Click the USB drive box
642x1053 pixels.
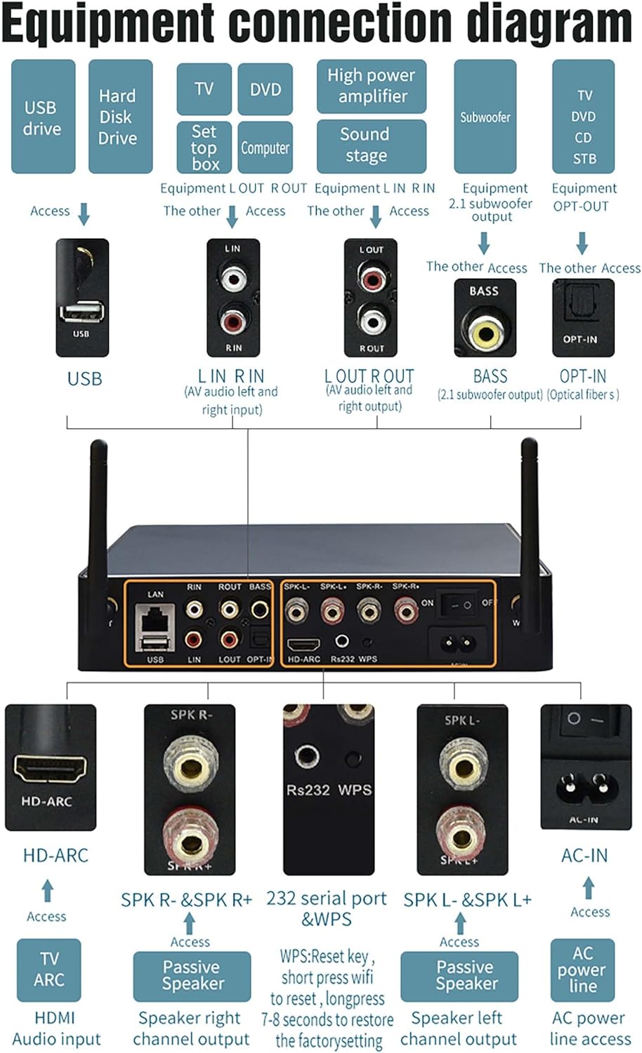(43, 117)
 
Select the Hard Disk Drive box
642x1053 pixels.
(120, 117)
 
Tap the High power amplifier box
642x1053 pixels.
(371, 86)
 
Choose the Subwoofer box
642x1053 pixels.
(485, 117)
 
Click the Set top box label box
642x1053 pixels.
(204, 147)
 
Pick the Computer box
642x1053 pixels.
(265, 147)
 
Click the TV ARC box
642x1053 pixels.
(48, 969)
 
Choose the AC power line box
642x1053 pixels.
(582, 969)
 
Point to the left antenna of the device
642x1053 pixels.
(98, 505)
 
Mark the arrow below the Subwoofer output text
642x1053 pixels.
(484, 243)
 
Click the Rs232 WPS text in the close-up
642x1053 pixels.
(329, 790)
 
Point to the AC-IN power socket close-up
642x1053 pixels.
(584, 786)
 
